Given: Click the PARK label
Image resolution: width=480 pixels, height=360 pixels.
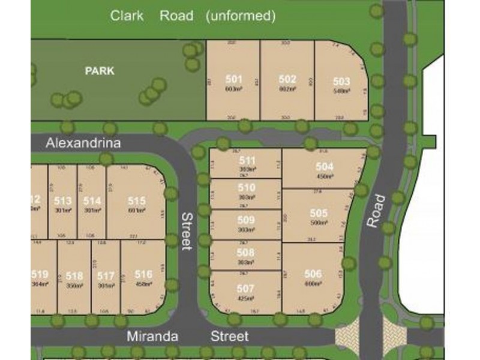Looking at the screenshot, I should click(100, 71).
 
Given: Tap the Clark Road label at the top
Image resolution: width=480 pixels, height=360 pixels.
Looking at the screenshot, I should click(152, 16).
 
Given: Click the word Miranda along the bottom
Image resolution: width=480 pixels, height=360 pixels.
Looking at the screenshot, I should click(152, 337).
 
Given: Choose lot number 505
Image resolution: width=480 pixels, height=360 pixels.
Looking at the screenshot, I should click(319, 213).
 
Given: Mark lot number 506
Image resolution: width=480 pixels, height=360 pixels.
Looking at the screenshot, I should click(313, 274).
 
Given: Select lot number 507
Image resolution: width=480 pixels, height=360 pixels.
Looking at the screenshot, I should click(245, 289).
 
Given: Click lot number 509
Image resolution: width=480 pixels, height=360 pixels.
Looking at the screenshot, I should click(246, 220).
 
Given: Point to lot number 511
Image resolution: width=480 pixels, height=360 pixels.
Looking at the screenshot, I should click(247, 160).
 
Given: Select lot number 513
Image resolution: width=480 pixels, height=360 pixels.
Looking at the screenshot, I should click(63, 200).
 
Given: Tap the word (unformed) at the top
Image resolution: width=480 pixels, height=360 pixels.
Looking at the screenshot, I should click(240, 16).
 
